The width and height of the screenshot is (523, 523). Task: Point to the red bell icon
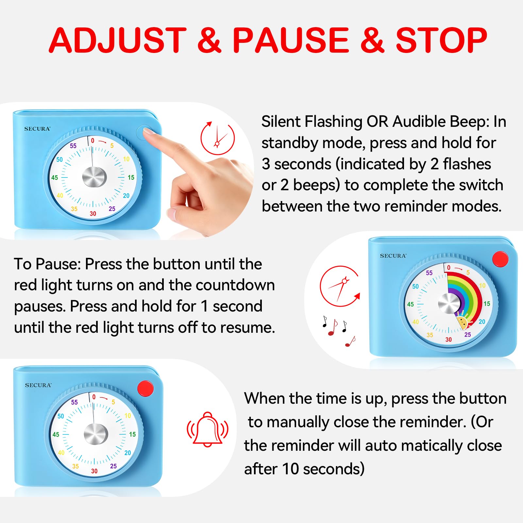click(x=208, y=429)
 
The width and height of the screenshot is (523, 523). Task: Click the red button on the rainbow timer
click(x=500, y=259)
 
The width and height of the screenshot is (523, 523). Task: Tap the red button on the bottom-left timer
click(x=145, y=388)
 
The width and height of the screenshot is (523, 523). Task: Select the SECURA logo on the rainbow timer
click(x=393, y=256)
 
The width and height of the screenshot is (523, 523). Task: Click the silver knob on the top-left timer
click(x=94, y=177)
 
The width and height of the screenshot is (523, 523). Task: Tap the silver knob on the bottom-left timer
click(x=96, y=434)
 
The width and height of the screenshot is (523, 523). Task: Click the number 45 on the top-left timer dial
click(x=55, y=177)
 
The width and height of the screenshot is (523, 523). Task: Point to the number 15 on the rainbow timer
click(x=487, y=304)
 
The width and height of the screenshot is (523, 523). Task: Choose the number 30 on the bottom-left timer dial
click(x=94, y=471)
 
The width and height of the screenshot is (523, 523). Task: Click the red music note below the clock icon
click(x=333, y=328)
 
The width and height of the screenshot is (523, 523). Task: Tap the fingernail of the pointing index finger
click(x=148, y=131)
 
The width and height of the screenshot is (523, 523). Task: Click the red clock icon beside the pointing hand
click(x=218, y=138)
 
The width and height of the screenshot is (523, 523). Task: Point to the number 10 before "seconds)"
click(x=290, y=469)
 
